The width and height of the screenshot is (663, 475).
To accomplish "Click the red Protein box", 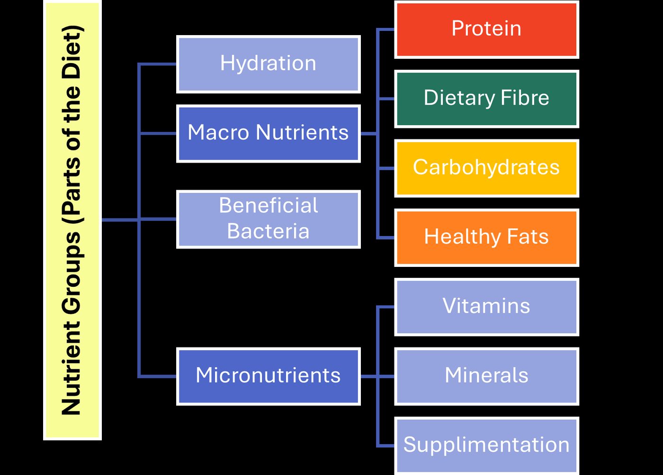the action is point(487,30).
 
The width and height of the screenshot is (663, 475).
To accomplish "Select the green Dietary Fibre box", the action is point(487,99).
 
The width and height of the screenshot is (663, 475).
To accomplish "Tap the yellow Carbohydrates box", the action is point(487,168).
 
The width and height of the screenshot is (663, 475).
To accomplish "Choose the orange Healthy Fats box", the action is point(487,237).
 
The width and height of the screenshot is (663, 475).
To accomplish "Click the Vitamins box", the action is point(487,307).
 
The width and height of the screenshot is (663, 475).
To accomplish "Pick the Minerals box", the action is point(487,376).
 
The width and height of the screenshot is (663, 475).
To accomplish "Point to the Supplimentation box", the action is point(487,446).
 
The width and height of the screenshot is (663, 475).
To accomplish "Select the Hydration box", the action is point(269,64).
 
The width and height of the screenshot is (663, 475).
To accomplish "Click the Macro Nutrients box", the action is point(269,134).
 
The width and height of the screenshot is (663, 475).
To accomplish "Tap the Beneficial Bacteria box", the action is point(269,219).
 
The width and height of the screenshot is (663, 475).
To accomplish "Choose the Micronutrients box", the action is point(269,376).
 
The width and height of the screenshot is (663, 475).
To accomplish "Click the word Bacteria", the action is point(268,231).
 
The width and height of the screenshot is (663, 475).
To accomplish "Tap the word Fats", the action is point(528,237).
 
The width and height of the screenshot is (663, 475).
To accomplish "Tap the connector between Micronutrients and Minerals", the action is point(378,376).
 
